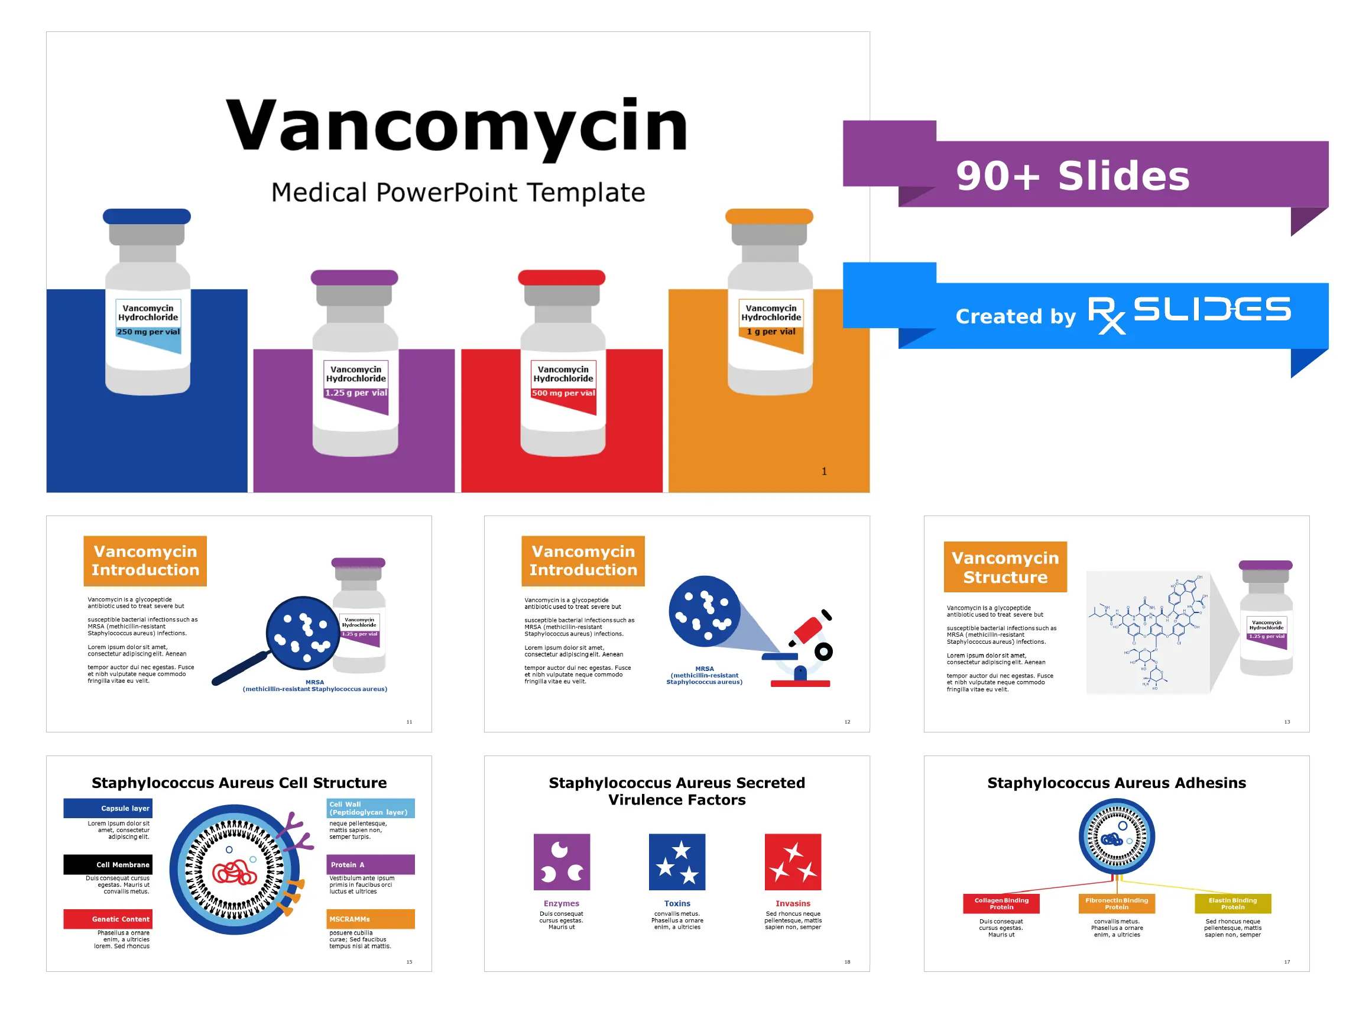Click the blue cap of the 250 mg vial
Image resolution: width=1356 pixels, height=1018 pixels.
[147, 216]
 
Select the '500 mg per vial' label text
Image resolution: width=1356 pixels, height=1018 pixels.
[563, 393]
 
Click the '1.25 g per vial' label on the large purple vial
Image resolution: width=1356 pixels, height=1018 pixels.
[356, 393]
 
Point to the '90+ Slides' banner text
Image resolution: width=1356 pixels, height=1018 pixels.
[1072, 176]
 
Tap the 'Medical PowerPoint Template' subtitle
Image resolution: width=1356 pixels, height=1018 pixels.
[458, 193]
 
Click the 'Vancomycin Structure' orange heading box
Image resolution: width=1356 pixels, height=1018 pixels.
[1005, 568]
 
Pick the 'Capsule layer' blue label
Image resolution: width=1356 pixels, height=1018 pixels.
[108, 808]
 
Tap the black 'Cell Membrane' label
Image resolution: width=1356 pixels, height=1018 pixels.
[108, 865]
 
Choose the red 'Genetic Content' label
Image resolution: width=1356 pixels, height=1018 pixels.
[108, 919]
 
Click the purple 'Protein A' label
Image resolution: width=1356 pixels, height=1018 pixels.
[370, 865]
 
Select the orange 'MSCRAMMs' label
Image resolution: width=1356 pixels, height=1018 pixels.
[370, 919]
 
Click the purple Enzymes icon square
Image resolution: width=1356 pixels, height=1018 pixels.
[562, 861]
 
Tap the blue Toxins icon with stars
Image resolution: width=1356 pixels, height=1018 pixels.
[677, 861]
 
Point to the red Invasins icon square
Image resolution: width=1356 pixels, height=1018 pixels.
[793, 861]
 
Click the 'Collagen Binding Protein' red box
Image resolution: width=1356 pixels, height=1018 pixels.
[1001, 903]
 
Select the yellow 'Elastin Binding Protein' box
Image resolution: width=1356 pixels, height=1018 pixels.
[1232, 903]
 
